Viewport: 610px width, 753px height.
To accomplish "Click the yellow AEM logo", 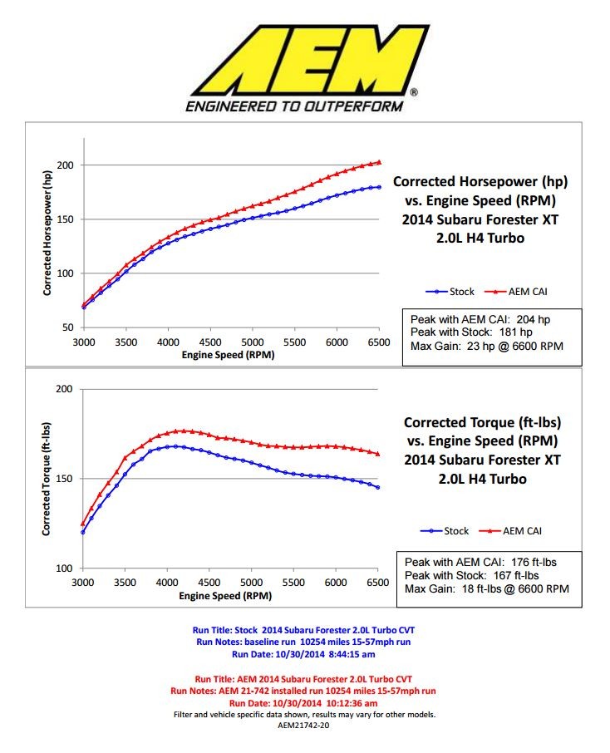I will (x=304, y=59).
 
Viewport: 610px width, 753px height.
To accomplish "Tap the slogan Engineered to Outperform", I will (x=293, y=106).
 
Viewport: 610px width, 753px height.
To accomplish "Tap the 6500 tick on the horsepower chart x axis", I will (x=379, y=342).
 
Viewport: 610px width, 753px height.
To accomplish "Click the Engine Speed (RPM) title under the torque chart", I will (x=229, y=595).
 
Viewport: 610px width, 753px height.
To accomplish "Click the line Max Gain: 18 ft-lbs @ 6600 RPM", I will (x=486, y=588).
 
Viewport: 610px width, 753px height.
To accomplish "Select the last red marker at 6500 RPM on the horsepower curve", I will (x=379, y=162).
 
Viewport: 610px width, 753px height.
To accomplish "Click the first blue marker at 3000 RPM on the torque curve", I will (x=82, y=532).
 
